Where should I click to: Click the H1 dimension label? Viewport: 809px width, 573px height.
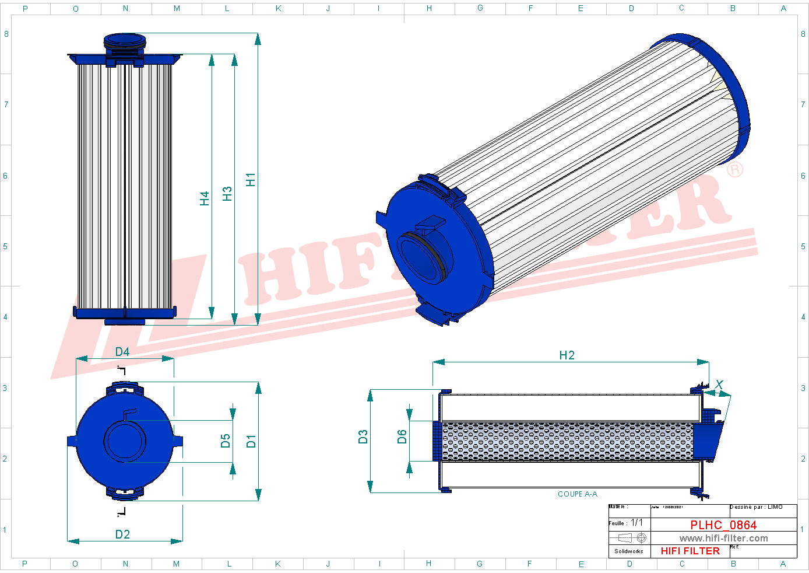(251, 180)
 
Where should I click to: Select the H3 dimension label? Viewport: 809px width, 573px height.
(227, 193)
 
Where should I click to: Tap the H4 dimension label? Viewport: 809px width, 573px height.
(205, 198)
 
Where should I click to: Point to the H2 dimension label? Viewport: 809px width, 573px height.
(567, 355)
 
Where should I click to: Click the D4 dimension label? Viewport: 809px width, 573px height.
(122, 352)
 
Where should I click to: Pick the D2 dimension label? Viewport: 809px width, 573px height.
(122, 534)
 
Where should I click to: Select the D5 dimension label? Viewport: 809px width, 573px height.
(226, 441)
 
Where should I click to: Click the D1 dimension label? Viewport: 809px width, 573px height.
(251, 441)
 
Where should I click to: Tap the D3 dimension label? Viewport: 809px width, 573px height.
(363, 437)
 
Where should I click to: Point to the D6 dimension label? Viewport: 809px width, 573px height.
(402, 437)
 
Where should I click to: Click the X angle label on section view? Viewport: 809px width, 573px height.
(719, 385)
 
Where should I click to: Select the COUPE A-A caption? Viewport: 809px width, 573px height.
(577, 494)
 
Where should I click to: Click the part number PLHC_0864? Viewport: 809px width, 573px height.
(723, 525)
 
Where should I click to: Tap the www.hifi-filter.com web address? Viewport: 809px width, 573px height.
(723, 539)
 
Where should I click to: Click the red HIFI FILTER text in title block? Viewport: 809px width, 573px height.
(690, 551)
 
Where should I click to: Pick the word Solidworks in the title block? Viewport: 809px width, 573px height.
(629, 551)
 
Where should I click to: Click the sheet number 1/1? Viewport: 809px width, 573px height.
(637, 523)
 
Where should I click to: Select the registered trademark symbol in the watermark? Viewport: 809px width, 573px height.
(735, 170)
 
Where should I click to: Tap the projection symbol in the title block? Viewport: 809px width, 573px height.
(632, 538)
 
